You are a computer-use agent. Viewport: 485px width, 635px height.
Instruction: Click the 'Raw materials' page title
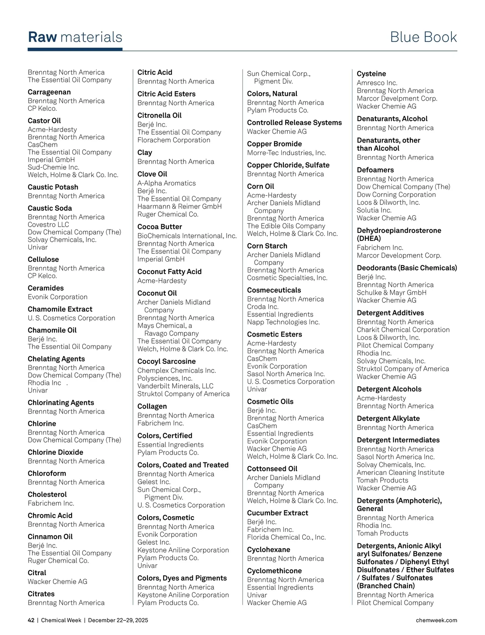coord(75,37)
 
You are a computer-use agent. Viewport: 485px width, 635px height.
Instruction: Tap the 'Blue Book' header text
coord(423,37)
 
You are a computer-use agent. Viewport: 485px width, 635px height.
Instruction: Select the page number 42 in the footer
coord(31,620)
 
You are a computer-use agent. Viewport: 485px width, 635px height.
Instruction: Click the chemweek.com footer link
coord(436,620)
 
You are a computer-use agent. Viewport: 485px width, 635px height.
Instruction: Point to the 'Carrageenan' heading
coord(49,92)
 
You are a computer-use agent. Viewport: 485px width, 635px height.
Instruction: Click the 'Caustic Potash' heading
coord(53,187)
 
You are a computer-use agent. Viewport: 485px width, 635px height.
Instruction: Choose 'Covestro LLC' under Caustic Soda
coord(48,224)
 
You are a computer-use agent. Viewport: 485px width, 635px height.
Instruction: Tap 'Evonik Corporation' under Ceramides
coord(57,297)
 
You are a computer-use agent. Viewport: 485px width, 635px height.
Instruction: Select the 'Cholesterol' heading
coord(47,494)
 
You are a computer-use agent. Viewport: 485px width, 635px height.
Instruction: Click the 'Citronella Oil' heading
coord(159,115)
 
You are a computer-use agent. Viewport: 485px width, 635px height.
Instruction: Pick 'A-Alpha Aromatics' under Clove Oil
coord(167,183)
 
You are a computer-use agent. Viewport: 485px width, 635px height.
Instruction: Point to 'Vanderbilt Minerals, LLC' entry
coord(175,386)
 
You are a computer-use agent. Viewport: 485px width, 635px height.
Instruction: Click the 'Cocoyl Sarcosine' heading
coord(167,361)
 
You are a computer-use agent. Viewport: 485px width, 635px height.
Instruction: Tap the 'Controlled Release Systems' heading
coord(294,122)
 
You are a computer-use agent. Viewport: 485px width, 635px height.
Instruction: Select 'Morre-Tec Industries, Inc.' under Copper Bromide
coord(287,153)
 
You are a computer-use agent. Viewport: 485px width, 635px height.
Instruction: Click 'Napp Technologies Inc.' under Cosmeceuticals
coord(283,322)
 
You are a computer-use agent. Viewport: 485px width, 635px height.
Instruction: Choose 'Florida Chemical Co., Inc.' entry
coord(286,537)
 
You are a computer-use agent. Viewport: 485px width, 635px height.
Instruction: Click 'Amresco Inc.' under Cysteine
coord(377,83)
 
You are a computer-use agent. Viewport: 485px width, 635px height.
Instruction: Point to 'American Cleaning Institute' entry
coord(400,473)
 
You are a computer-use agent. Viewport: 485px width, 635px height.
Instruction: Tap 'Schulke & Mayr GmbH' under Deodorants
coord(391,293)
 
